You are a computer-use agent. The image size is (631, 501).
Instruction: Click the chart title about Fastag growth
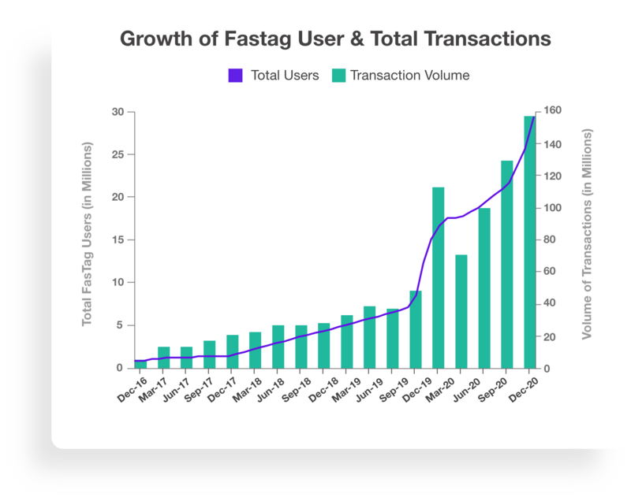334,39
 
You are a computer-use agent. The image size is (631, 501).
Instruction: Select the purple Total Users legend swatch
236,76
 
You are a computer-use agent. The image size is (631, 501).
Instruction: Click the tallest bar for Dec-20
530,244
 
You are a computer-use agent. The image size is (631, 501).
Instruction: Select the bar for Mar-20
461,311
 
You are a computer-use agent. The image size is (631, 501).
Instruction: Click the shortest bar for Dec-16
140,364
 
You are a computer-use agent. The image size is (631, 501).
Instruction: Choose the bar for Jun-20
484,288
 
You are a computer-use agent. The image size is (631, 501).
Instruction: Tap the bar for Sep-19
416,329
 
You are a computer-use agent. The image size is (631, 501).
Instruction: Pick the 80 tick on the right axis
548,239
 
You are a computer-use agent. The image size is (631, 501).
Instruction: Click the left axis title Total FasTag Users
88,236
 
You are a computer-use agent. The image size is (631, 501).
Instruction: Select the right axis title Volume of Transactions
586,234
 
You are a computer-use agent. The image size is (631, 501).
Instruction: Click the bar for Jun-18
278,347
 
